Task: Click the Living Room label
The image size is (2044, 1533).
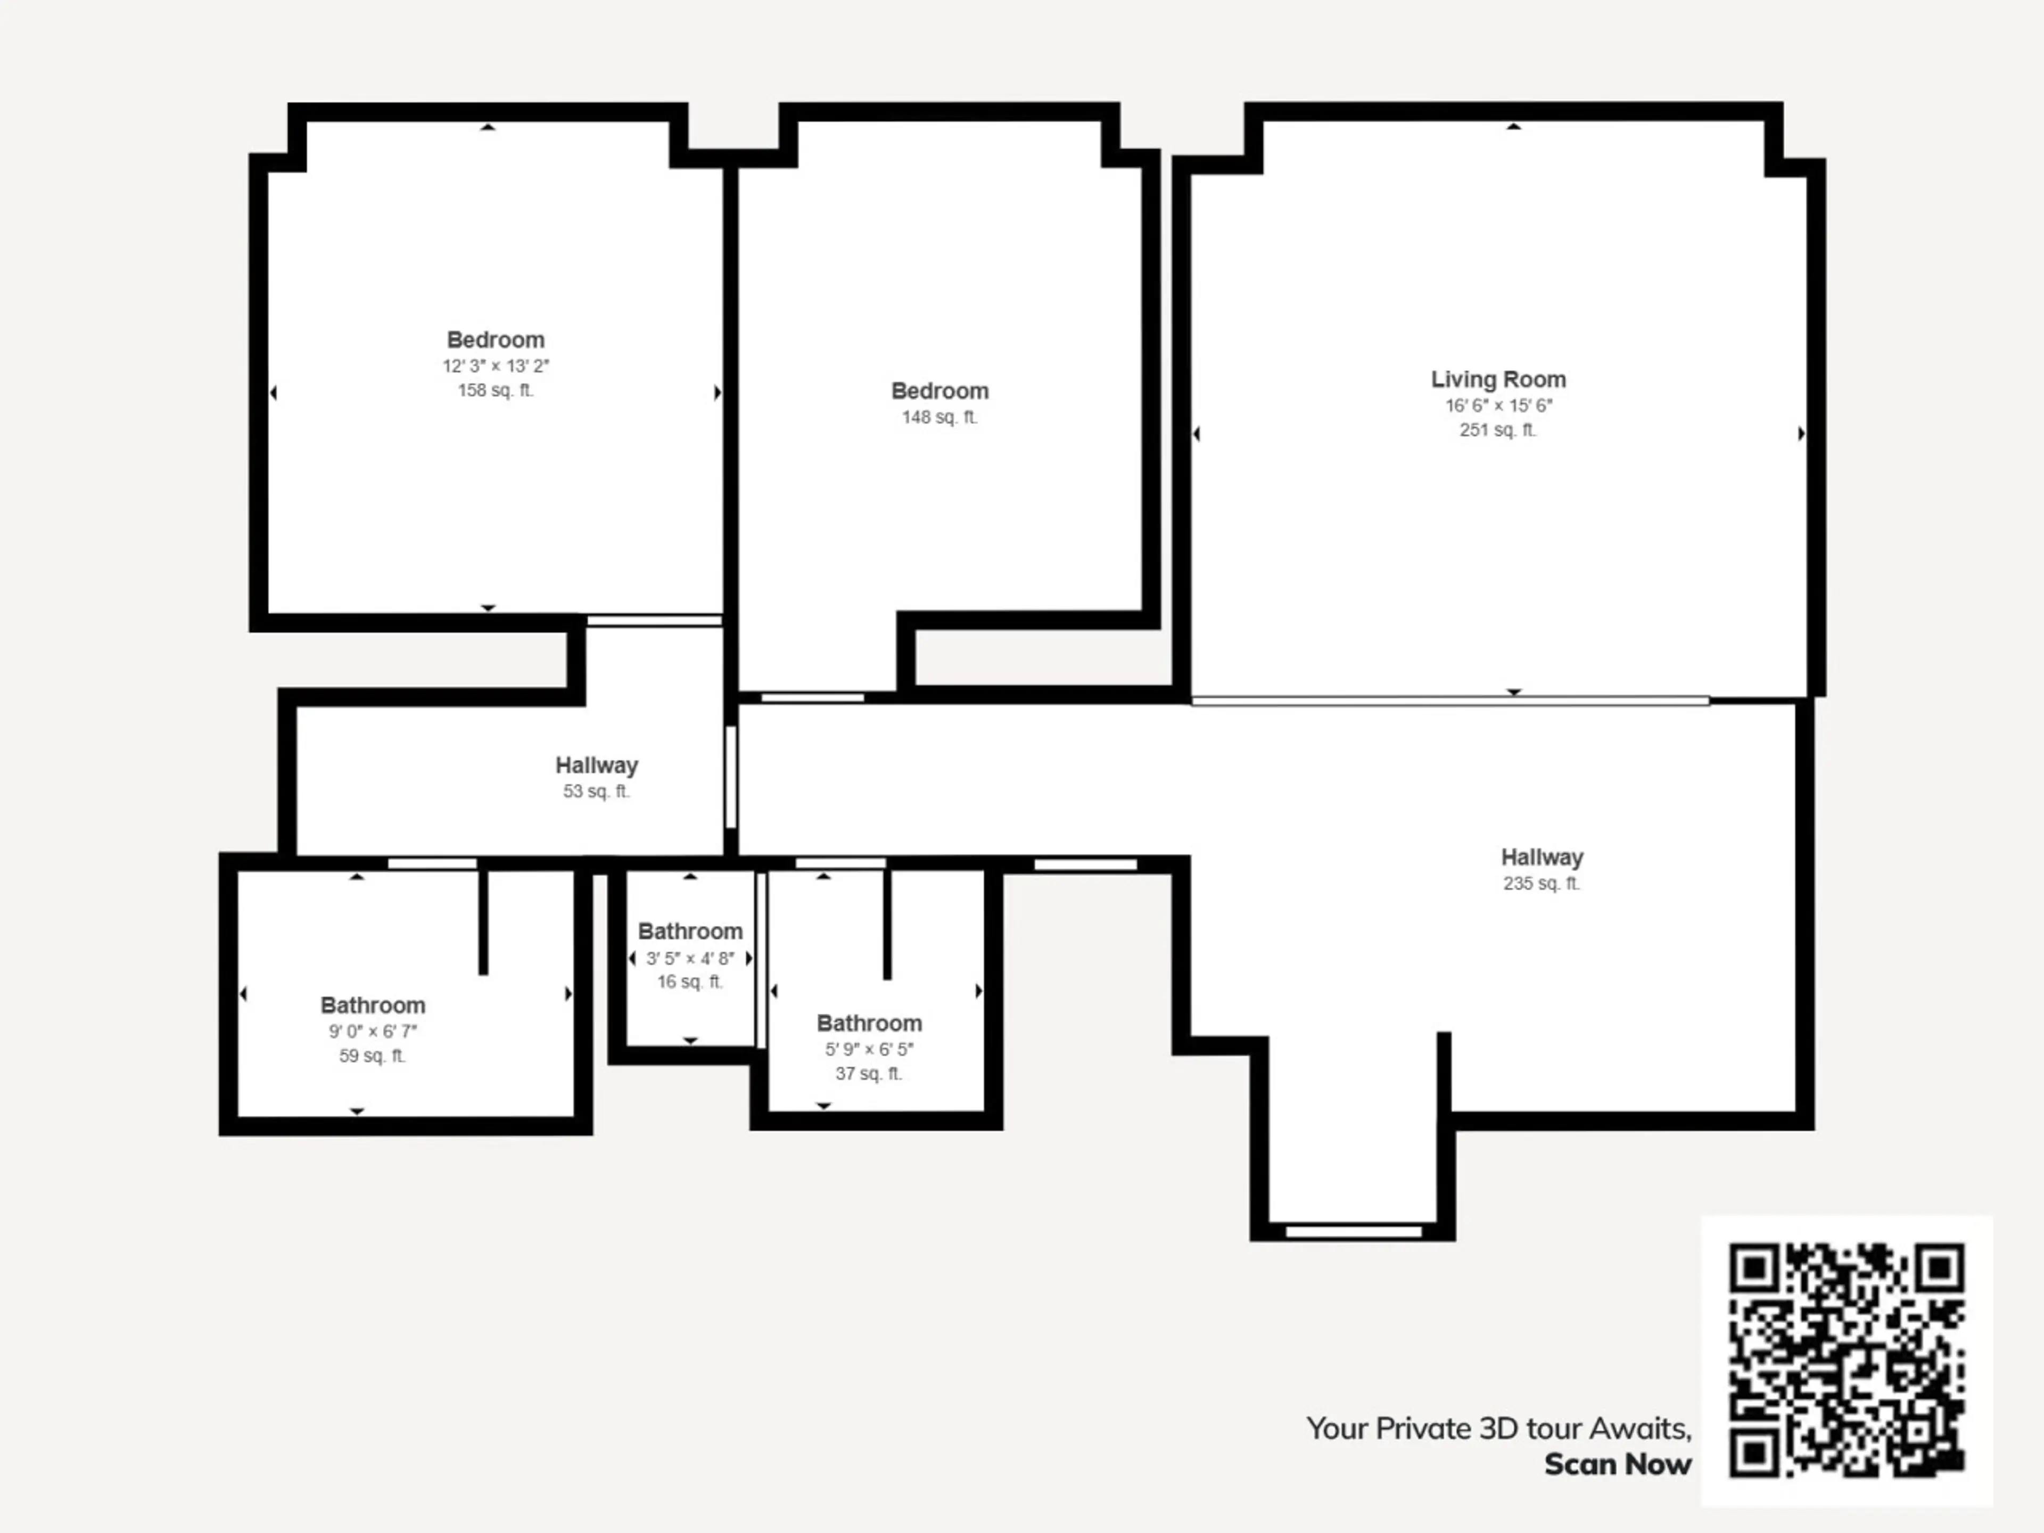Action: click(x=1498, y=380)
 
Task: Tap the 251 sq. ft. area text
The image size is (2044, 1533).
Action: click(x=1498, y=430)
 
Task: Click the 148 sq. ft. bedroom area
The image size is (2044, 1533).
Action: click(x=939, y=417)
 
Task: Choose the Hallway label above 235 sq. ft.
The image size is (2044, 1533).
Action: click(x=1542, y=858)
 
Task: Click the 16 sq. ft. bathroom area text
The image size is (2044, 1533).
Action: click(x=690, y=982)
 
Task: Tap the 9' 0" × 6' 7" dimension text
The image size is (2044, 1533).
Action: click(x=373, y=1031)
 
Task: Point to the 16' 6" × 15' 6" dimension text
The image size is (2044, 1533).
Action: click(x=1499, y=406)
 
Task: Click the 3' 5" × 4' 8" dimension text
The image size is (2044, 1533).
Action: click(x=690, y=958)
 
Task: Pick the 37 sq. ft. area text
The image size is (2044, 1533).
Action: click(x=869, y=1074)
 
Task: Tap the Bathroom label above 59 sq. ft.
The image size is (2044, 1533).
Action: click(x=373, y=1005)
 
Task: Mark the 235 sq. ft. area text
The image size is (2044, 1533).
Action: click(x=1542, y=884)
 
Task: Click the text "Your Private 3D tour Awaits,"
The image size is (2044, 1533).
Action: click(x=1499, y=1429)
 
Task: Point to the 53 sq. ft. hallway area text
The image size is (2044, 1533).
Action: click(x=597, y=791)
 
